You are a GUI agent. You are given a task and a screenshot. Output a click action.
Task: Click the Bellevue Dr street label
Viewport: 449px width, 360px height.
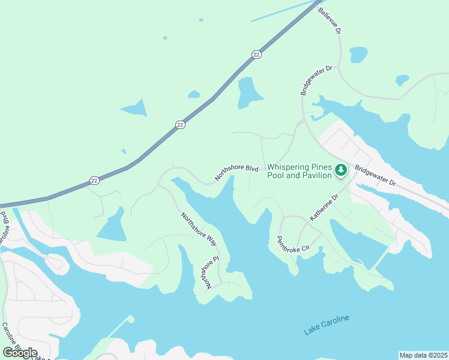click(330, 21)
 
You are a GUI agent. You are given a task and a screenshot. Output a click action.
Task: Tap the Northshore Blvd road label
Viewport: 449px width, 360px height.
click(237, 173)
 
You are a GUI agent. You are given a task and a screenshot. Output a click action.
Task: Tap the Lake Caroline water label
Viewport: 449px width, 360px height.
click(326, 325)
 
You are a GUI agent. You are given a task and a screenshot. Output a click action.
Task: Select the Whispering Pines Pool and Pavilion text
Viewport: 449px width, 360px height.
click(300, 171)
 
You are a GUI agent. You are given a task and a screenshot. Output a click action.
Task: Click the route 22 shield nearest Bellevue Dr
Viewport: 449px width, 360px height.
click(256, 55)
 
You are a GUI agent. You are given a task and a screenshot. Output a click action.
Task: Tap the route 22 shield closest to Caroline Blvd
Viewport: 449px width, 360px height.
click(94, 179)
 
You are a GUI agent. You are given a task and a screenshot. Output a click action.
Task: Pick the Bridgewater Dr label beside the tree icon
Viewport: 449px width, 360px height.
click(375, 176)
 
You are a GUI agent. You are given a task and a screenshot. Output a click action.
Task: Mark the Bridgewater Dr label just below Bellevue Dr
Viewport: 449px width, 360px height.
click(316, 80)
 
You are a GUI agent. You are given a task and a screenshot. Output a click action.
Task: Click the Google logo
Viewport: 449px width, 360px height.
click(20, 352)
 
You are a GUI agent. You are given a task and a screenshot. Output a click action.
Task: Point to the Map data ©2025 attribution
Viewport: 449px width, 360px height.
click(423, 355)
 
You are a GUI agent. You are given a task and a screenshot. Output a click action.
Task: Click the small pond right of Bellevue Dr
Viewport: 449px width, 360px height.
click(358, 55)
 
